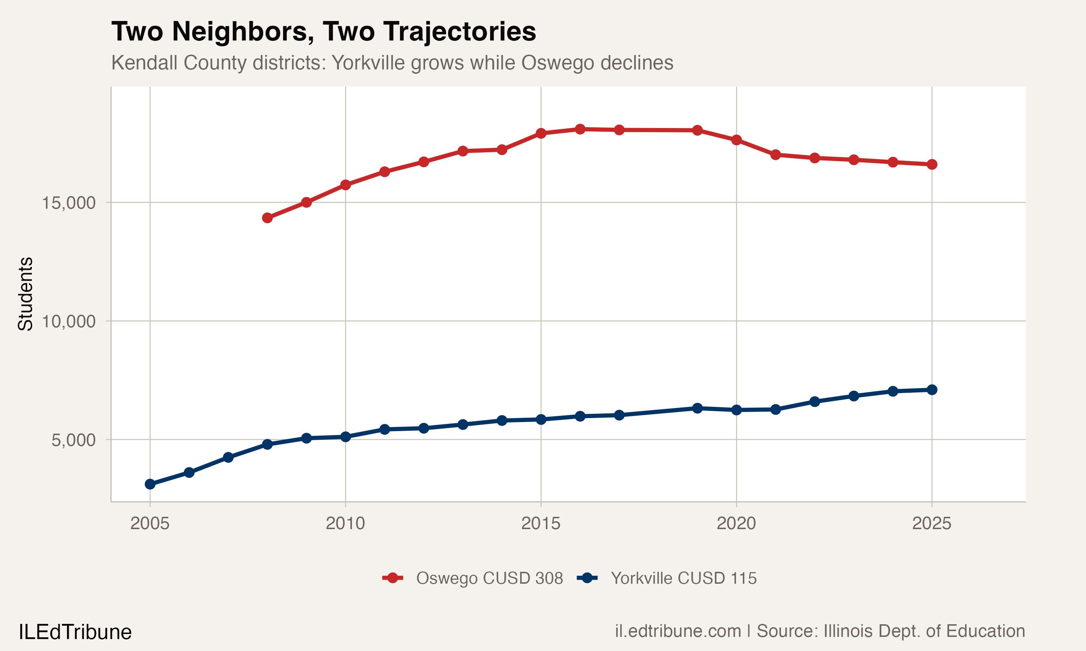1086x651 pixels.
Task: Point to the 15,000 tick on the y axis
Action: tap(68, 203)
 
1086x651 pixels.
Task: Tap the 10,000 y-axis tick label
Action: tap(68, 321)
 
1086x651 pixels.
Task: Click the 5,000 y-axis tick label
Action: tap(73, 439)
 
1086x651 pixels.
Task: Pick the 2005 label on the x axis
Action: tap(150, 523)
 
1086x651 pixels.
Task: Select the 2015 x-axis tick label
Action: tap(540, 523)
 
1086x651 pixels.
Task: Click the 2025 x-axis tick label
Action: tap(931, 523)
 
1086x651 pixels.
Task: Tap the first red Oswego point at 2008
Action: tap(267, 218)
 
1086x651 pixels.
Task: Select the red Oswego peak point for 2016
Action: tap(580, 129)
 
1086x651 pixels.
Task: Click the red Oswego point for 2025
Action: tap(931, 165)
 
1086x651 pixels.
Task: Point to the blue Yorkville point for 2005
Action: tap(150, 484)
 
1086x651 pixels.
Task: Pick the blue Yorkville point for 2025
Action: tap(931, 390)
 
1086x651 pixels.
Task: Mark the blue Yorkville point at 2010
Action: tap(345, 437)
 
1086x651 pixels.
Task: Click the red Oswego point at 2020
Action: tap(736, 140)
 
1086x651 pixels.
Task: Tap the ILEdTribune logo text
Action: tap(75, 632)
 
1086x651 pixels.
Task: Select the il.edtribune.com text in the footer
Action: tap(678, 631)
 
